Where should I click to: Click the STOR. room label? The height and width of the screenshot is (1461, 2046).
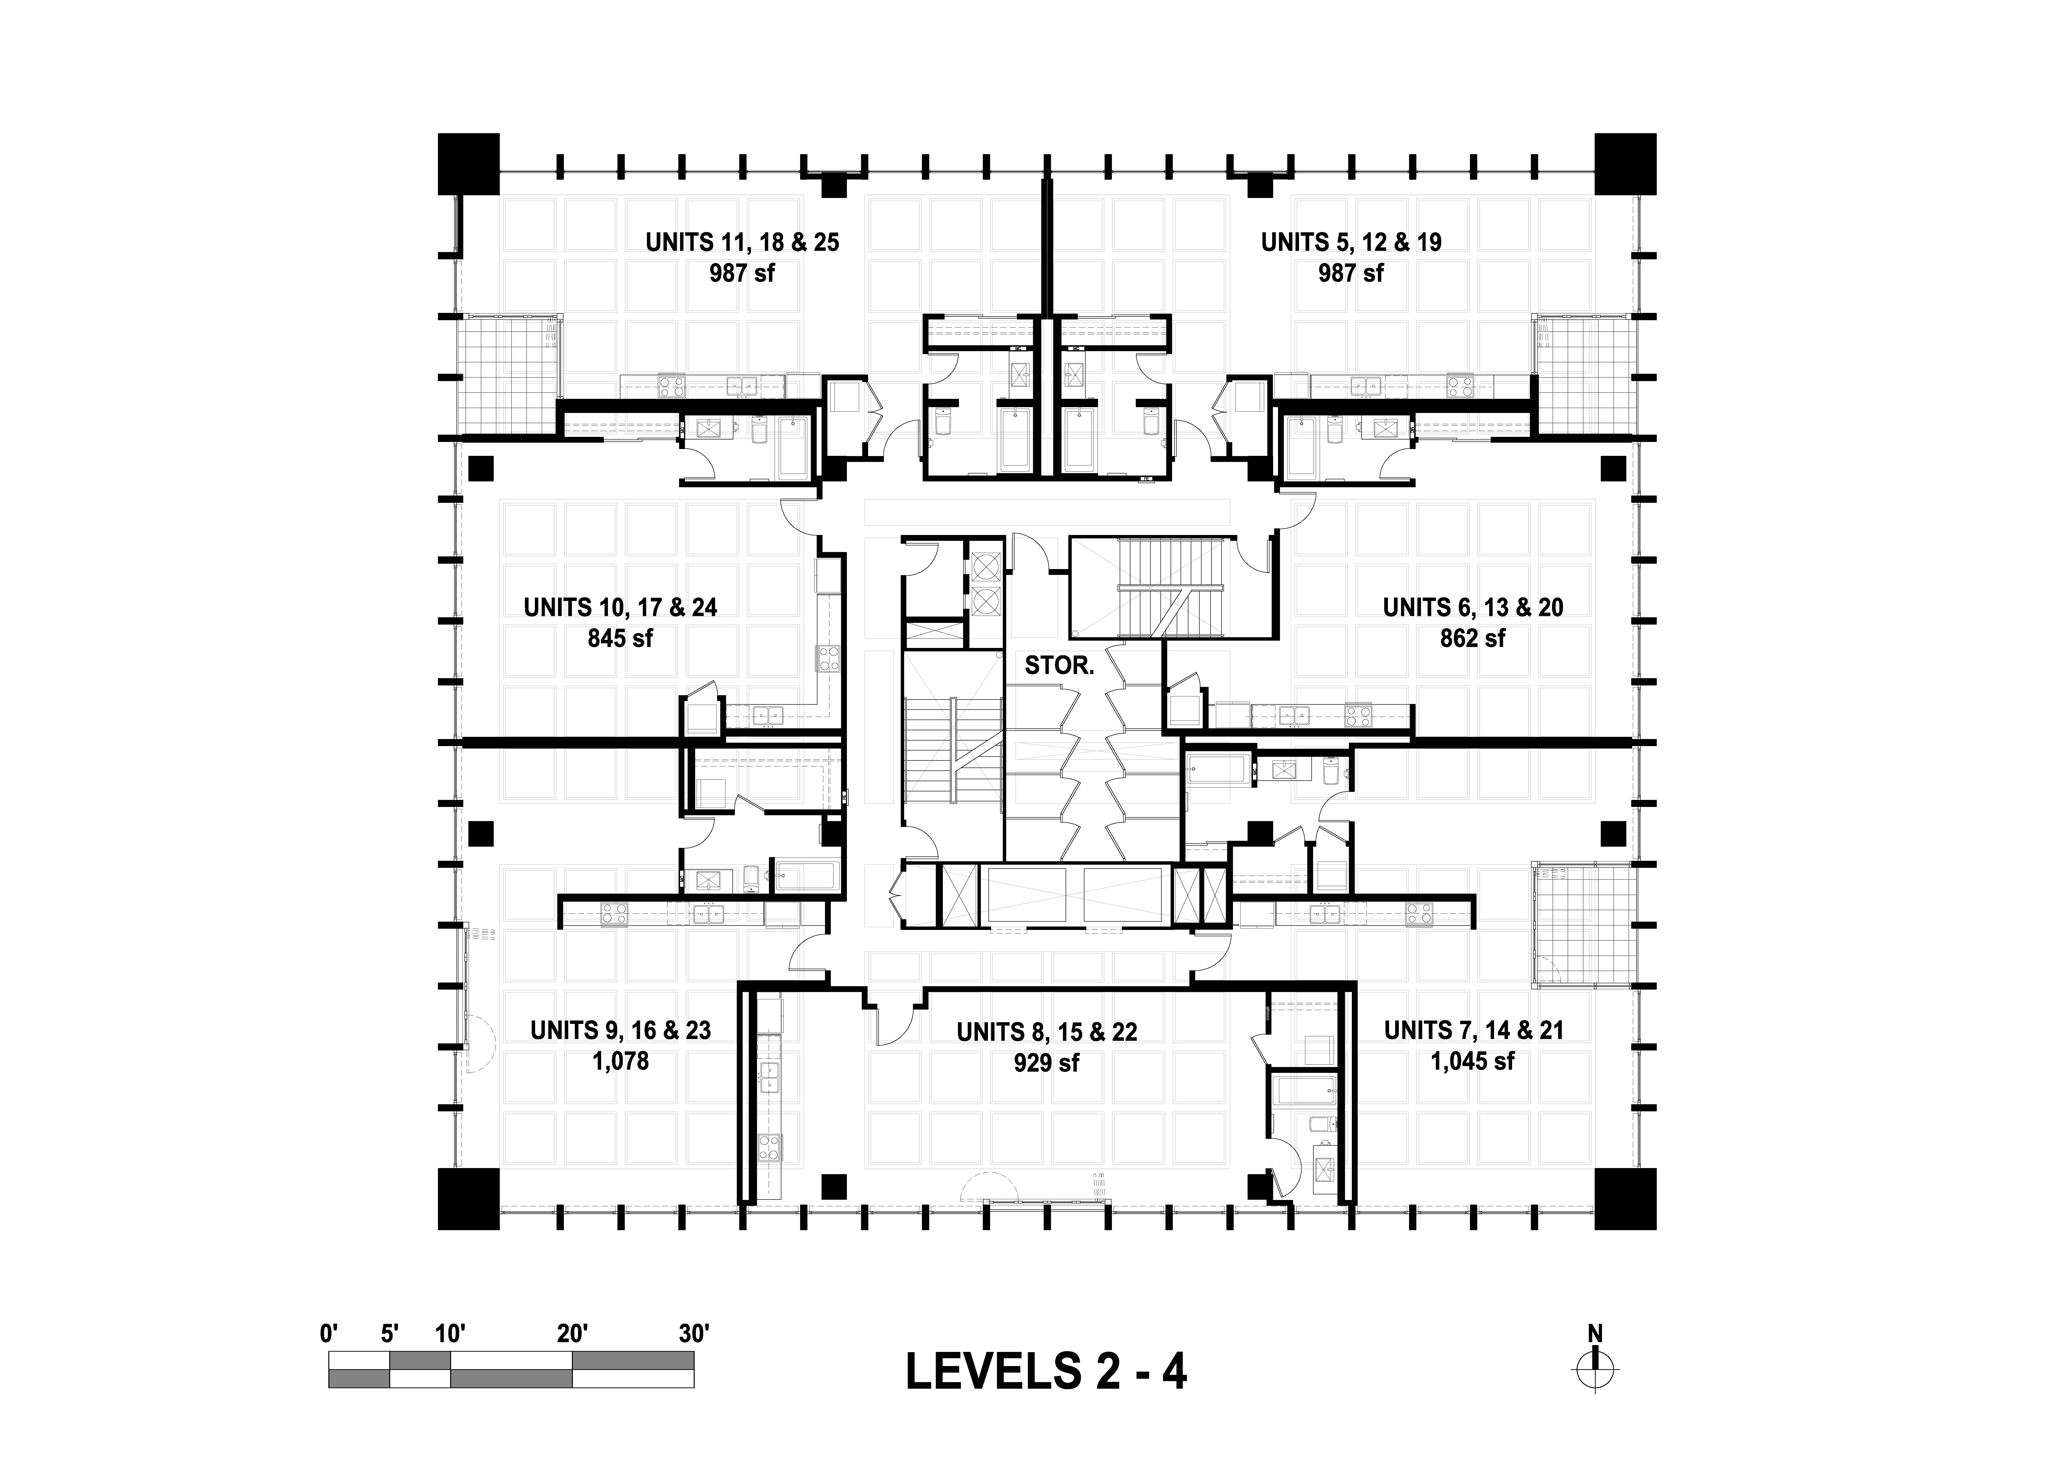1059,666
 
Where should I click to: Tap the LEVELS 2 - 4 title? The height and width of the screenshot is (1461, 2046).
1045,1372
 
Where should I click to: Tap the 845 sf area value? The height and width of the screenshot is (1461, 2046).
620,639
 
